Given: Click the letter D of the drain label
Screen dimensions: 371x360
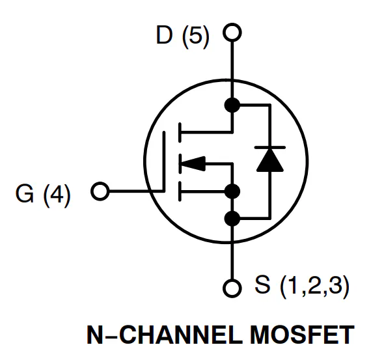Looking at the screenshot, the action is click(x=164, y=35).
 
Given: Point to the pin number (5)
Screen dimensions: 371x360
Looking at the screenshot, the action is click(x=196, y=36).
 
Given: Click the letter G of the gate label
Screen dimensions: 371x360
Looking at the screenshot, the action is click(x=25, y=193).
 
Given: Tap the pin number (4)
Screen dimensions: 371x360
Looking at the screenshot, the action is click(x=57, y=195).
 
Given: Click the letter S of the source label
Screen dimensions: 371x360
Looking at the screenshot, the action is click(x=262, y=284).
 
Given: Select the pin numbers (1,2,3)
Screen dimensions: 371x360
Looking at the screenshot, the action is click(x=314, y=286).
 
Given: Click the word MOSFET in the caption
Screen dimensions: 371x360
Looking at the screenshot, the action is click(x=302, y=335).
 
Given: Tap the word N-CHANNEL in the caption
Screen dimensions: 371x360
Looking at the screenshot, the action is click(x=165, y=335).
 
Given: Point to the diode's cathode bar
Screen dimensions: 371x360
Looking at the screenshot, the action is click(x=270, y=147).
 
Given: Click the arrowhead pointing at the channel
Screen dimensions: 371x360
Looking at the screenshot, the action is click(x=193, y=163).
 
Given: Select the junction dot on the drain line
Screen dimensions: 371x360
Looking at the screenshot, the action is click(x=232, y=105).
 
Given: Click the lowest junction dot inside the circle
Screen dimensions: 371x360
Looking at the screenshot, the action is click(x=232, y=218).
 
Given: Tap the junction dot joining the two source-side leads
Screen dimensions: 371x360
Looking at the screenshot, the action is click(x=232, y=191).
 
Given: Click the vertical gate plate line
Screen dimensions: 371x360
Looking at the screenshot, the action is click(x=164, y=161).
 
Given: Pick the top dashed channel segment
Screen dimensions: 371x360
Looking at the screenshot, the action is click(x=180, y=133).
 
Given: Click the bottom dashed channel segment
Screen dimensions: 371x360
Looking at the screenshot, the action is click(x=180, y=191).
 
